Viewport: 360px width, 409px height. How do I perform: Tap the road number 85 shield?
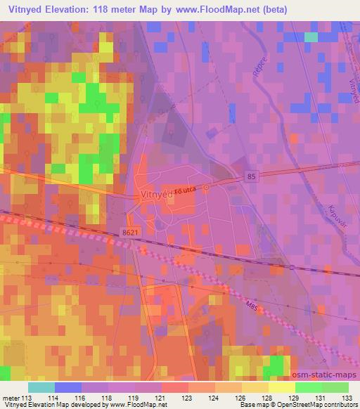[250, 177]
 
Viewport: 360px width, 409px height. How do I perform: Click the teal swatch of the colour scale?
[41, 387]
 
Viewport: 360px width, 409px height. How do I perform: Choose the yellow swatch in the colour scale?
[281, 387]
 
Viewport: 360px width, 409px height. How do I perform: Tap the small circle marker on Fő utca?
[206, 188]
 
